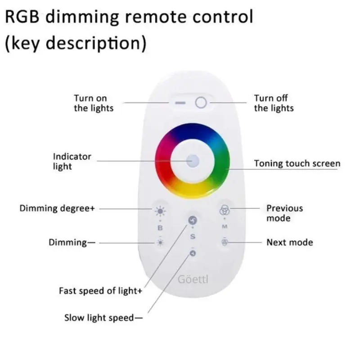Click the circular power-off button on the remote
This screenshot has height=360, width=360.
[x=201, y=103]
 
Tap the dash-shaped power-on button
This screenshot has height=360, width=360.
[x=180, y=103]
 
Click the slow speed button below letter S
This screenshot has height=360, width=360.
[x=193, y=253]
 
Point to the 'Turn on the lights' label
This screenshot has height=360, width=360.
[x=94, y=103]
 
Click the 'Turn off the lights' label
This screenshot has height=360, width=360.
[x=274, y=103]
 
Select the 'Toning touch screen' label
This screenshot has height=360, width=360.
[x=297, y=163]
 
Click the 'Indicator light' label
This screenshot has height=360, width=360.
[x=72, y=162]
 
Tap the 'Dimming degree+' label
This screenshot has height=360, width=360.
[x=57, y=208]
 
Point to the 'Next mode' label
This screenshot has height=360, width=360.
[x=289, y=242]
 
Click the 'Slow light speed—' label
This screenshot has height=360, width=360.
[x=103, y=318]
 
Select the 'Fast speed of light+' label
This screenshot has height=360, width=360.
[x=101, y=291]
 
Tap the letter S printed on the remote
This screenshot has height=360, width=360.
[x=193, y=236]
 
